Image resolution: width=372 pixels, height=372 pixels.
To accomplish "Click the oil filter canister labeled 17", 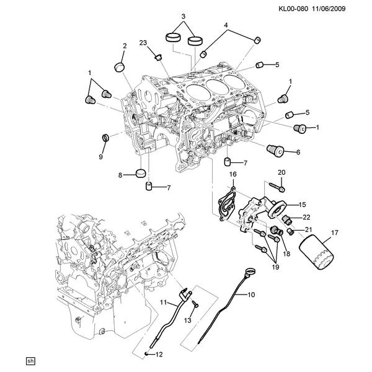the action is tap(316, 252).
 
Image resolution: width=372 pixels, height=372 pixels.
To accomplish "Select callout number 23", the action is tap(143, 43).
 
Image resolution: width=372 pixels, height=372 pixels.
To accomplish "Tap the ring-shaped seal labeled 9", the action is tap(105, 137).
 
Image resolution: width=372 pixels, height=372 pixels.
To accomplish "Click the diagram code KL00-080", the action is tap(293, 9).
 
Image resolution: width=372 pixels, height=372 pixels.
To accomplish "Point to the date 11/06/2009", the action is tap(329, 9).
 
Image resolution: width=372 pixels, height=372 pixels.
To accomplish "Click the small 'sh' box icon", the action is tap(30, 361).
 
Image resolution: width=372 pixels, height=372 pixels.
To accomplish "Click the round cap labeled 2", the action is tap(119, 67).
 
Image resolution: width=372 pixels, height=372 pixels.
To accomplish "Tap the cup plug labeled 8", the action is tap(141, 173).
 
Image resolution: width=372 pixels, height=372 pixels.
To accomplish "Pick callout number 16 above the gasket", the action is tap(233, 174).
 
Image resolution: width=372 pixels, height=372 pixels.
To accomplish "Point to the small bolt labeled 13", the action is tap(195, 304).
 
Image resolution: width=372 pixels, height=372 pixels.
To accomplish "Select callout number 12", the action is tap(159, 355).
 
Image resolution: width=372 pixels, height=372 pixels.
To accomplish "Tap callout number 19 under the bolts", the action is tap(275, 267).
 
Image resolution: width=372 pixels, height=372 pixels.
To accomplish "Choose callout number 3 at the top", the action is tap(184, 17).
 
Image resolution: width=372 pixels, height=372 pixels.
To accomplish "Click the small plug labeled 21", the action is tap(290, 231).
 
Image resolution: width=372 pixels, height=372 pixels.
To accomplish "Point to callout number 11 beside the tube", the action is tap(164, 303).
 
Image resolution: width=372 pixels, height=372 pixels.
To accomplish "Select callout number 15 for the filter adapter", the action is tap(303, 205).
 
